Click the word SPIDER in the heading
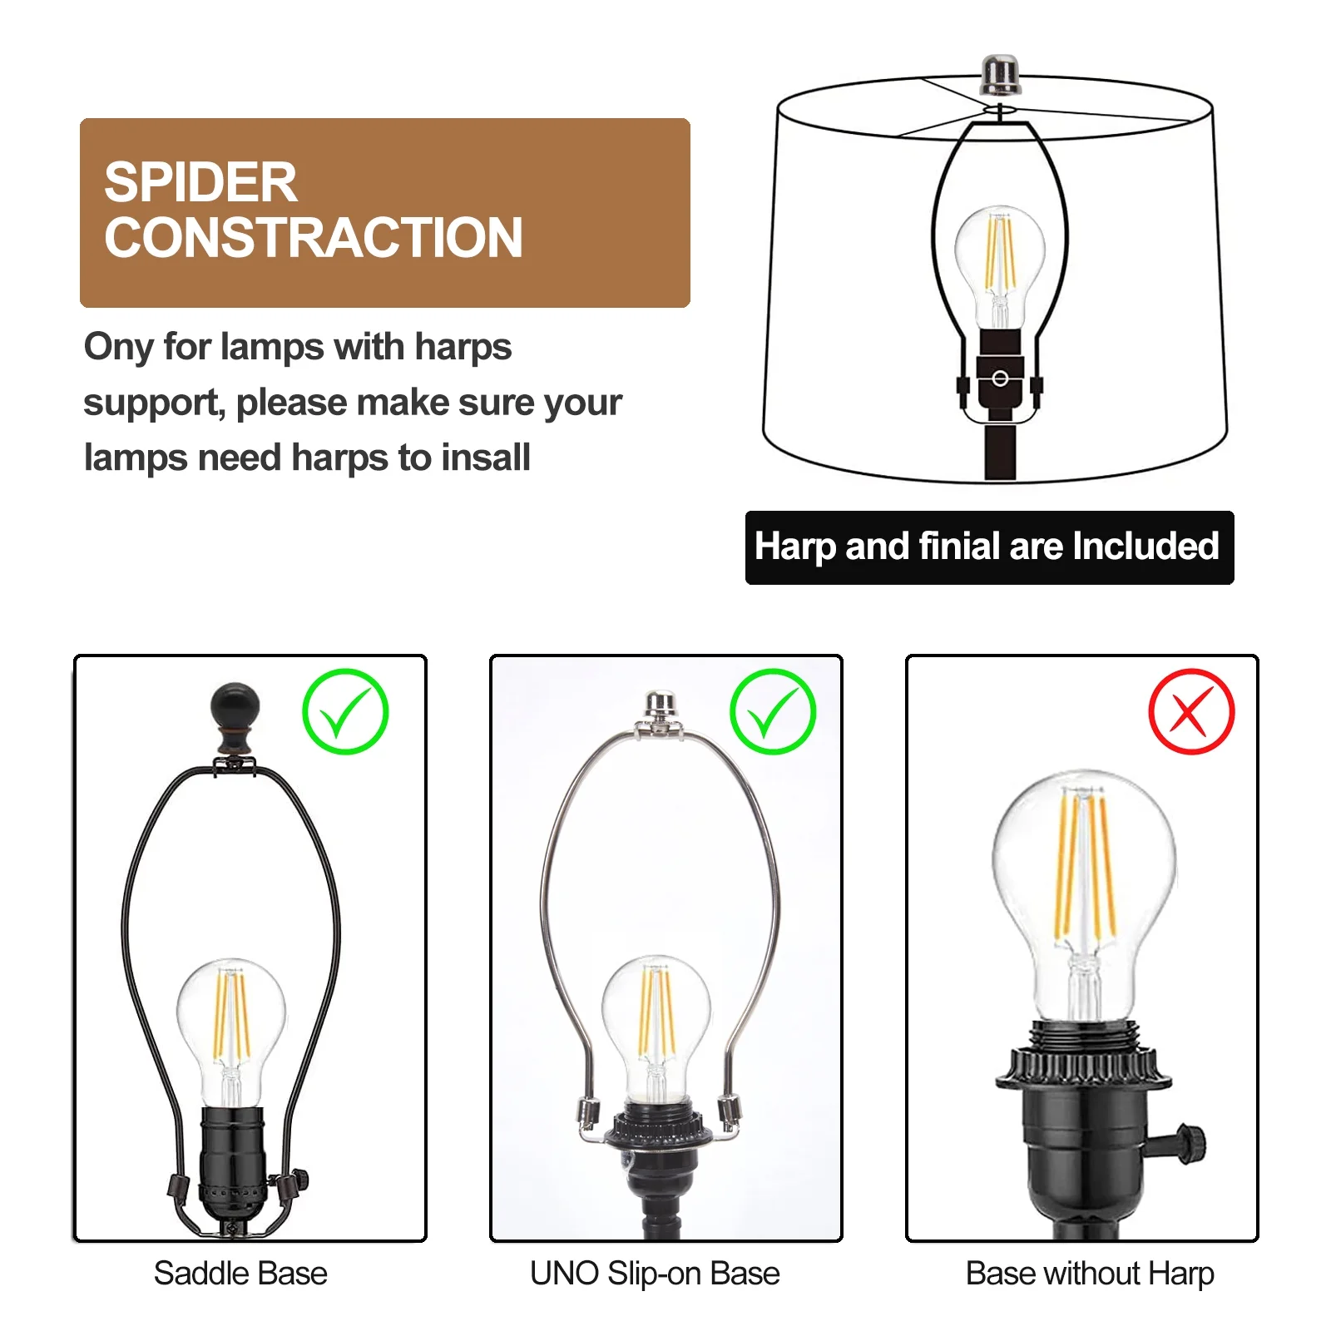point(200,182)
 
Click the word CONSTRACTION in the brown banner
point(313,238)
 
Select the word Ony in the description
point(116,347)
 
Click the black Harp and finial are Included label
point(988,547)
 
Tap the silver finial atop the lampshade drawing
point(999,75)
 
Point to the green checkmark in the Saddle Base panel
point(345,712)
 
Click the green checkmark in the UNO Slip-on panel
point(773,712)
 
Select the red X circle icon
point(1190,712)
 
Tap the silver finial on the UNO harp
point(659,707)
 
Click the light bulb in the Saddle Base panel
point(231,1023)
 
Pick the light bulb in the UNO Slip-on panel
point(656,1019)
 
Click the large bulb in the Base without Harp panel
point(1083,890)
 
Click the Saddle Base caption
point(240,1274)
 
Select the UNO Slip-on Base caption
point(655,1274)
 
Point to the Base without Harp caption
point(1089,1274)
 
